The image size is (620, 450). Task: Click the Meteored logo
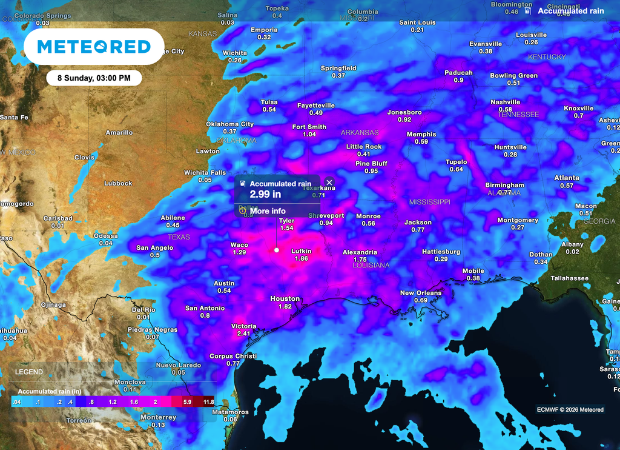point(94,47)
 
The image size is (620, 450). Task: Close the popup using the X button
point(329,182)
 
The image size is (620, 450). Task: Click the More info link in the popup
point(267,211)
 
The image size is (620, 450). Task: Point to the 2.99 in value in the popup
point(266,194)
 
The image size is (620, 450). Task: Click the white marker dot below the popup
point(277,250)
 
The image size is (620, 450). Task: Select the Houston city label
point(285,298)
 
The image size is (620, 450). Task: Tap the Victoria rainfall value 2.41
point(243,334)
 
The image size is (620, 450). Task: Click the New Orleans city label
point(421,293)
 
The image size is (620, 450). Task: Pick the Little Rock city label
point(364,147)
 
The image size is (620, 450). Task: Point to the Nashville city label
point(506,102)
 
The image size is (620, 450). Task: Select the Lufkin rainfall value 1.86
point(302,258)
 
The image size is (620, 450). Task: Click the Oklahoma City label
point(229,124)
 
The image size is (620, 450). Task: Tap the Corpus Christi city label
point(233,356)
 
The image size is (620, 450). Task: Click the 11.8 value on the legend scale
point(208,401)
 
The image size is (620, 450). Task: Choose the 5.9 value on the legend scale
point(188,401)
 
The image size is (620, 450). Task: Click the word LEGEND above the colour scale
point(29,372)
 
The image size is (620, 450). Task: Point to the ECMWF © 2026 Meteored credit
point(570,409)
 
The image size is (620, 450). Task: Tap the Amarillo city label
point(119,132)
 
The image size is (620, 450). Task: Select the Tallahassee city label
point(569,278)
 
